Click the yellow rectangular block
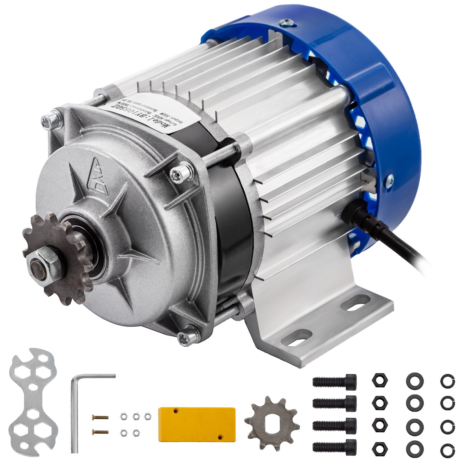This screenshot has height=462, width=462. point(197,424)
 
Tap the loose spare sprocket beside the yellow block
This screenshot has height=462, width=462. point(271,423)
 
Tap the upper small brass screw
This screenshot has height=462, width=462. point(100,417)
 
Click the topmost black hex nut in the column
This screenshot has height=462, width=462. point(378,379)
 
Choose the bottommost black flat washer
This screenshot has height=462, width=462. point(414,447)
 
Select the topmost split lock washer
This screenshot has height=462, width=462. point(448,381)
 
